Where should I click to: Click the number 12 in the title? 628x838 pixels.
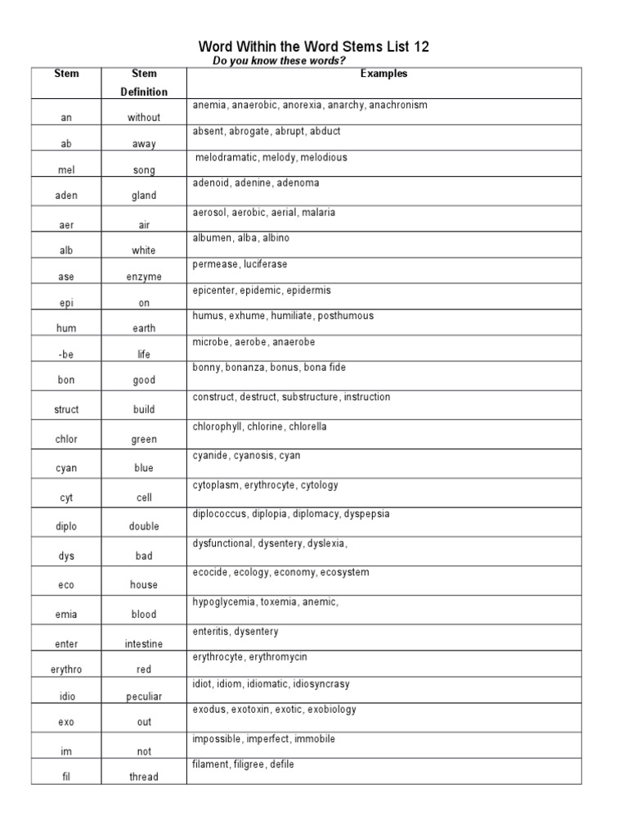pos(420,47)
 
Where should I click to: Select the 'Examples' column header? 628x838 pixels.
pos(384,74)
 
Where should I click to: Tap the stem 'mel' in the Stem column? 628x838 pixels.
pos(66,170)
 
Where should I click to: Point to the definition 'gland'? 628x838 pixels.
pos(143,196)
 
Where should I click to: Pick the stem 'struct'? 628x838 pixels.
pos(66,410)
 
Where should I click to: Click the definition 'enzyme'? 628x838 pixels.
pos(143,277)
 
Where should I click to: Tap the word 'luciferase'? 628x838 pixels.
pos(265,264)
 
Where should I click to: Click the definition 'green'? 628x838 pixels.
pos(143,439)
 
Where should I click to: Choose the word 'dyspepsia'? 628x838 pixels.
pos(366,514)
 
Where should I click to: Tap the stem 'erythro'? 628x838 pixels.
pos(66,669)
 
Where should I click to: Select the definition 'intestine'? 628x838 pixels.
pos(143,644)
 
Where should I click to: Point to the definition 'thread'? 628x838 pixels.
pos(143,777)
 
